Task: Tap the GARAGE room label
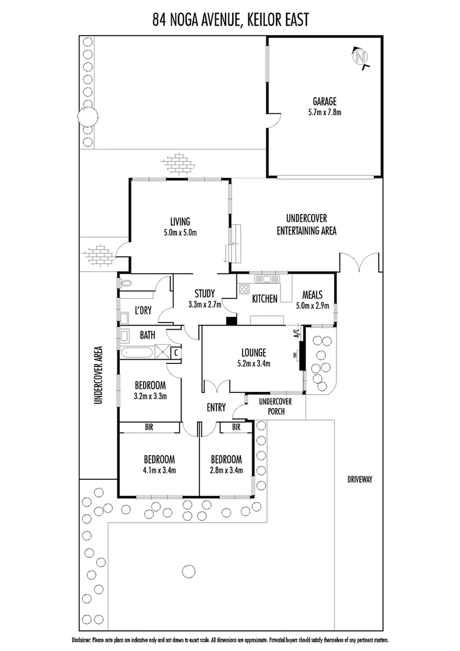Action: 324,101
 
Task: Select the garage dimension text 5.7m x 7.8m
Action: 324,112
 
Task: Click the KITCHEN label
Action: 264,298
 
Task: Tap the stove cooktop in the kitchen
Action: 244,288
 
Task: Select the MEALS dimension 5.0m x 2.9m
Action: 312,306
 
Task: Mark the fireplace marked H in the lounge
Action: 300,355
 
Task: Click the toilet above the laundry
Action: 127,282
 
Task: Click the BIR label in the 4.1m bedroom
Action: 148,427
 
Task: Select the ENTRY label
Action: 216,408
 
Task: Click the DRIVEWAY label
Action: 361,480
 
